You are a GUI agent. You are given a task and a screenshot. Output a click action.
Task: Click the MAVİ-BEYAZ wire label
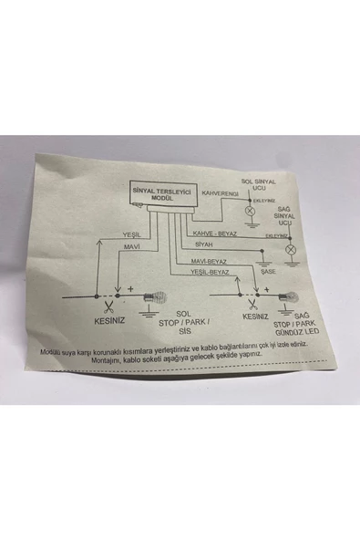click(x=211, y=260)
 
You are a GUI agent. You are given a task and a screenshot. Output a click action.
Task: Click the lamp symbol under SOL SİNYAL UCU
click(x=252, y=210)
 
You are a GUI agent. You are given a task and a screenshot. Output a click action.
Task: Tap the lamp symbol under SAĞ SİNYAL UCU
click(x=291, y=248)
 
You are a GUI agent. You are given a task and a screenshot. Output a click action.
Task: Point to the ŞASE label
click(x=267, y=272)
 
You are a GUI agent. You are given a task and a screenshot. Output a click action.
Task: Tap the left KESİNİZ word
click(x=114, y=319)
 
